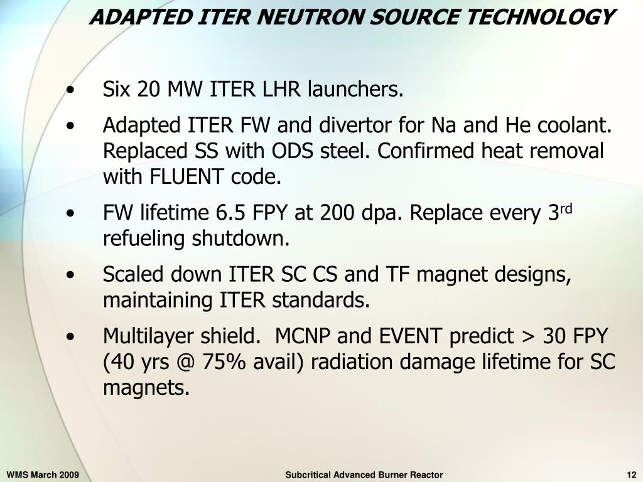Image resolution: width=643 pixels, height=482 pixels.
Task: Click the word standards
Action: point(321,301)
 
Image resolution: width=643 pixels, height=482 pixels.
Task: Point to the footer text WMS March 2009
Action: point(43,475)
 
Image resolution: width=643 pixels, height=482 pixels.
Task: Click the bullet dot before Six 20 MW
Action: point(74,91)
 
